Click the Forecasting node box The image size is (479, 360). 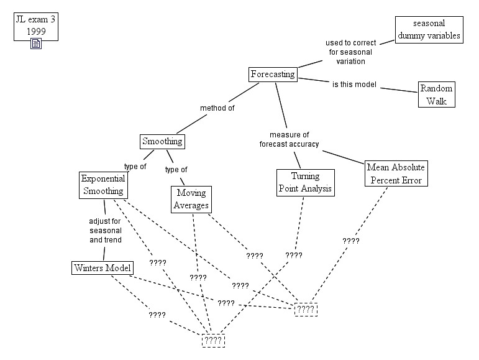pyautogui.click(x=273, y=75)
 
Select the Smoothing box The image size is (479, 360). pyautogui.click(x=162, y=141)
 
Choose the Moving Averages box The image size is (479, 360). pyautogui.click(x=191, y=199)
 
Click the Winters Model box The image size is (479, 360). pyautogui.click(x=103, y=268)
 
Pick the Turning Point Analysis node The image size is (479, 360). pyautogui.click(x=305, y=182)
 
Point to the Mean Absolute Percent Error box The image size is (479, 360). pyautogui.click(x=396, y=173)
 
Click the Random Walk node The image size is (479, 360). pyautogui.click(x=436, y=94)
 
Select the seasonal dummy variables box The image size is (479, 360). pyautogui.click(x=429, y=29)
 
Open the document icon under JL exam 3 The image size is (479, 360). pyautogui.click(x=36, y=44)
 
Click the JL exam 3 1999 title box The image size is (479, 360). pyautogui.click(x=36, y=25)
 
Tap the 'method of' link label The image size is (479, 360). pyautogui.click(x=217, y=108)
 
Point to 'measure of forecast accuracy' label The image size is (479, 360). pyautogui.click(x=289, y=139)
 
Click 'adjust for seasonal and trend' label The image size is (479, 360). pyautogui.click(x=104, y=230)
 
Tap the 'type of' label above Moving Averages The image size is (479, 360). pyautogui.click(x=176, y=169)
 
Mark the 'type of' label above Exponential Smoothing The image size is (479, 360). pyautogui.click(x=135, y=166)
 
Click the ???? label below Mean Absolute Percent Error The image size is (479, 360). pyautogui.click(x=351, y=241)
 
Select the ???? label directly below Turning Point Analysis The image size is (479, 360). pyautogui.click(x=294, y=255)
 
